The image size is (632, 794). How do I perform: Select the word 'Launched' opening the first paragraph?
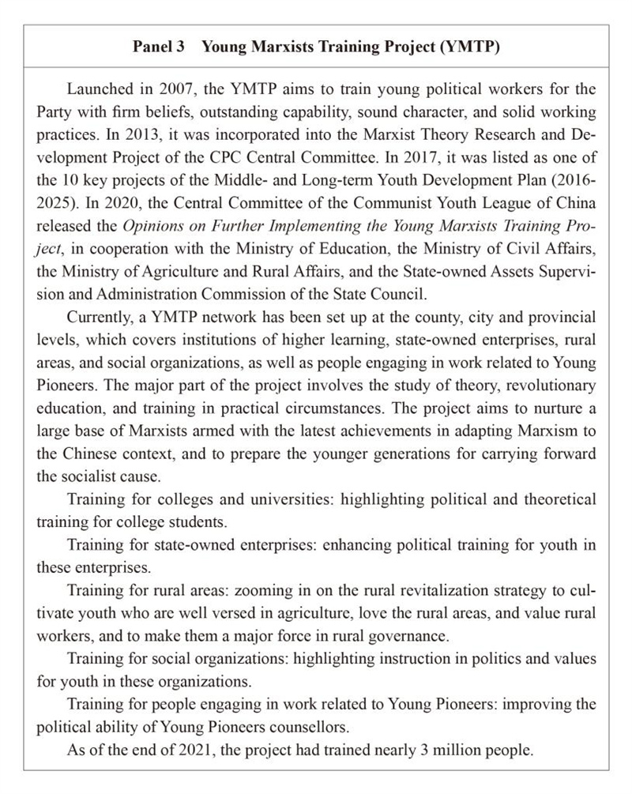pos(99,89)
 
